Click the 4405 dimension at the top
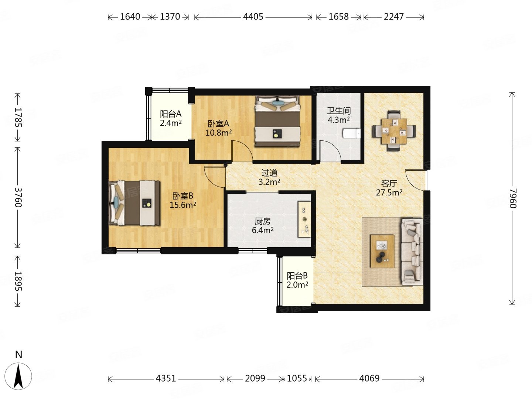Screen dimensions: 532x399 pos(253,17)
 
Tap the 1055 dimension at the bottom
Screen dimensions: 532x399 pos(297,378)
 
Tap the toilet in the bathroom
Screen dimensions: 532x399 pos(352,133)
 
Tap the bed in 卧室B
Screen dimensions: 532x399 pos(134,203)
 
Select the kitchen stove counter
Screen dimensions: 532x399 pos(304,219)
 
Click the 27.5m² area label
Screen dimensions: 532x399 pos(389,192)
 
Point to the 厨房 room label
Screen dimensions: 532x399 pos(263,221)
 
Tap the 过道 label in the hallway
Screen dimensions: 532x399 pos(269,173)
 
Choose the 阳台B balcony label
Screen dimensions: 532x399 pos(297,276)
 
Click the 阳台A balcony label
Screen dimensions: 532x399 pos(171,114)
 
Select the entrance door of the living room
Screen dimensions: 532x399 pos(415,180)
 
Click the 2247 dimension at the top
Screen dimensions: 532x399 pos(393,17)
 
